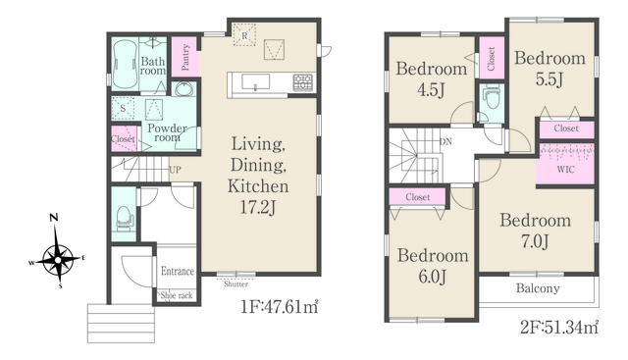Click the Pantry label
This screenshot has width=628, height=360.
(185, 57)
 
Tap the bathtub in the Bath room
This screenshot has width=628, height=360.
(125, 65)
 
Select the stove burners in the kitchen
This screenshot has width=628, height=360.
(303, 82)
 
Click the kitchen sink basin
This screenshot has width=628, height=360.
(255, 81)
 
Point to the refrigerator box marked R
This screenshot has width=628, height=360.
(244, 35)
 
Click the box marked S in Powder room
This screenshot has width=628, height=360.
(123, 108)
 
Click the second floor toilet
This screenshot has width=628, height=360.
(492, 97)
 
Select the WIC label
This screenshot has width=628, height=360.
(565, 170)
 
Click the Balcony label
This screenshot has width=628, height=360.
(538, 288)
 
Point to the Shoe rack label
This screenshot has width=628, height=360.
(177, 295)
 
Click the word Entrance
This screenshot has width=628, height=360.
(178, 271)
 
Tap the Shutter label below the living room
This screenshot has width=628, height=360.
(235, 283)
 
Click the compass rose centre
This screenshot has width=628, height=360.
(58, 260)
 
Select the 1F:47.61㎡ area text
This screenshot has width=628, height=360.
(279, 307)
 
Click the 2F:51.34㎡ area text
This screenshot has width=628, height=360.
(559, 328)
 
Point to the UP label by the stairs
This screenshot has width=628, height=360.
(175, 170)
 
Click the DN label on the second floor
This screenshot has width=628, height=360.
(445, 141)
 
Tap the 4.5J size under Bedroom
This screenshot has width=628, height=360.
(431, 90)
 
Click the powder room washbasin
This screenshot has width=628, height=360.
(183, 89)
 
